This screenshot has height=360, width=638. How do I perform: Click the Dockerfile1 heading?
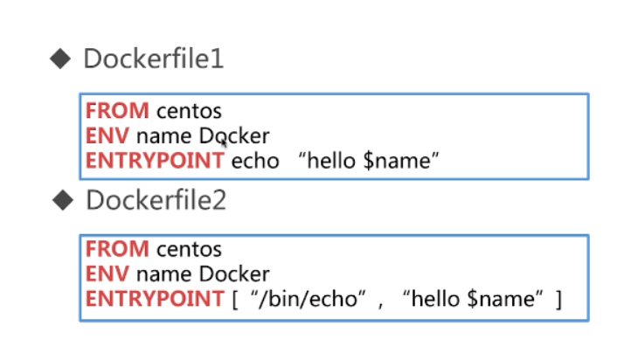tap(154, 59)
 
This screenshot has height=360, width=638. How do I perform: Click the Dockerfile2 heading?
tap(156, 200)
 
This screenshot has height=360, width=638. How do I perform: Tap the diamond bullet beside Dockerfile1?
tap(60, 59)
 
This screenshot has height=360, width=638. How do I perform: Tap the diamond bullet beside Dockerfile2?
tap(63, 200)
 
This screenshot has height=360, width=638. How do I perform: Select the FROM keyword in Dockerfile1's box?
tap(117, 111)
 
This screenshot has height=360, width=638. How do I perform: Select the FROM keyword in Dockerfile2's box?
tap(117, 249)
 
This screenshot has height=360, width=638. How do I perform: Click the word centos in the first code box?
tap(189, 112)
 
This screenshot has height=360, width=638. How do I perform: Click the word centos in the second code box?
tap(189, 249)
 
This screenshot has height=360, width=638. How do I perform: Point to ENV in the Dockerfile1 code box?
tap(107, 135)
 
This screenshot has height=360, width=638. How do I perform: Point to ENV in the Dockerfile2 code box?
tap(107, 273)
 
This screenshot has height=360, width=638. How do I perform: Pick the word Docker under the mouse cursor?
tap(234, 135)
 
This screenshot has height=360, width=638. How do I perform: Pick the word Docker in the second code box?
tap(234, 273)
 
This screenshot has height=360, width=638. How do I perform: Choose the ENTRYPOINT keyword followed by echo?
tap(155, 161)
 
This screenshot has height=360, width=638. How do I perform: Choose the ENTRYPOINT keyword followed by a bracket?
tap(155, 299)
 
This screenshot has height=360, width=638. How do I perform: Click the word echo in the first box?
tap(255, 161)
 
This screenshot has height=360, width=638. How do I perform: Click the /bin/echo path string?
tap(309, 300)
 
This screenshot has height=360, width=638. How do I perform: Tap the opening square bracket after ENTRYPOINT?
tap(235, 300)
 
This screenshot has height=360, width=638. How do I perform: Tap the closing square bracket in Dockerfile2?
tap(558, 300)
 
